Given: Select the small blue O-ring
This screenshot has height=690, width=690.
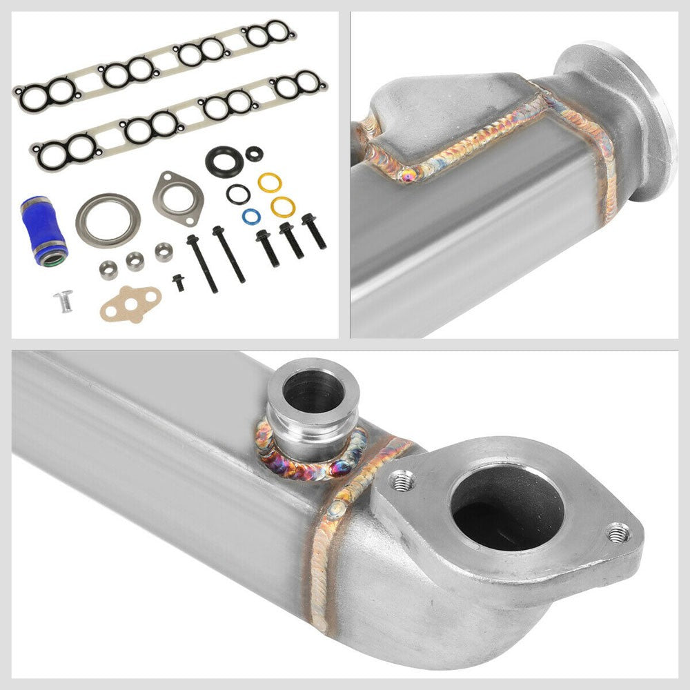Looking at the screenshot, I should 250,215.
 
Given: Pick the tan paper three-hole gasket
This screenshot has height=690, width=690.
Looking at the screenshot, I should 131,303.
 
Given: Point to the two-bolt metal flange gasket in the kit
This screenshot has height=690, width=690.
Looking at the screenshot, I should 178,194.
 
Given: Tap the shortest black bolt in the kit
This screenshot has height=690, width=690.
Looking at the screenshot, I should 178,282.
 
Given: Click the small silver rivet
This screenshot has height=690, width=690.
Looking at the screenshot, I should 63,302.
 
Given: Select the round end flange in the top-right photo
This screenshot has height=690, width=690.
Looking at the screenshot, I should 624,117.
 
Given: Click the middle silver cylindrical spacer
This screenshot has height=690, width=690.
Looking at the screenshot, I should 135,260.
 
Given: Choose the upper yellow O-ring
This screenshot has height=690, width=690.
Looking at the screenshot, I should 270,182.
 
